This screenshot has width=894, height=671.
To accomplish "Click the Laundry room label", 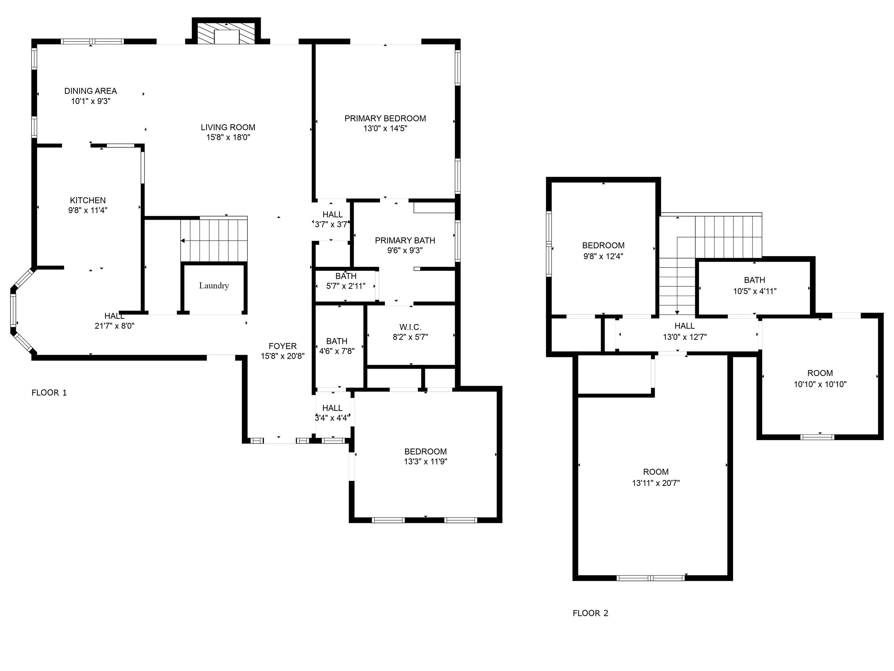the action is tap(214, 286).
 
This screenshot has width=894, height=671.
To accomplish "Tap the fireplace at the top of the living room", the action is tap(226, 31).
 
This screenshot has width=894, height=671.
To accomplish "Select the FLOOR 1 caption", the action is tap(49, 393).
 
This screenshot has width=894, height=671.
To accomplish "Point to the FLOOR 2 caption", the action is tap(590, 613).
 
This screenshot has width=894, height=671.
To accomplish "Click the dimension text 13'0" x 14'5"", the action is tap(385, 128).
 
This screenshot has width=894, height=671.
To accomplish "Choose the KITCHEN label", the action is tap(88, 200).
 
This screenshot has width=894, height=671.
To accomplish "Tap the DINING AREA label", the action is tap(91, 91).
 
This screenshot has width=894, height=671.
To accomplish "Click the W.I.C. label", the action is tap(410, 327).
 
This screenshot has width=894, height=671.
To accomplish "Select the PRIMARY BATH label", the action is tap(405, 241).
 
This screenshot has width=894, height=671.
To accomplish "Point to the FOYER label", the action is tap(282, 346).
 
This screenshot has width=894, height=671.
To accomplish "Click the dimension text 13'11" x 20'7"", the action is tap(656, 483).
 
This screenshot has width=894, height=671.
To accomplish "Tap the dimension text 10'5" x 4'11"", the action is tap(755, 291).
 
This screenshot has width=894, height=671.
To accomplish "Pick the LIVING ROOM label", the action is tap(228, 127).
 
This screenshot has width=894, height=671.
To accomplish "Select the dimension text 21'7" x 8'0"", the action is tap(114, 326).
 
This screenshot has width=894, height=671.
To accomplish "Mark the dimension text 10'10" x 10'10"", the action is tap(820, 384).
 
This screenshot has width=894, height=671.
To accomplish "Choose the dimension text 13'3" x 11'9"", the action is tap(426, 462).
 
